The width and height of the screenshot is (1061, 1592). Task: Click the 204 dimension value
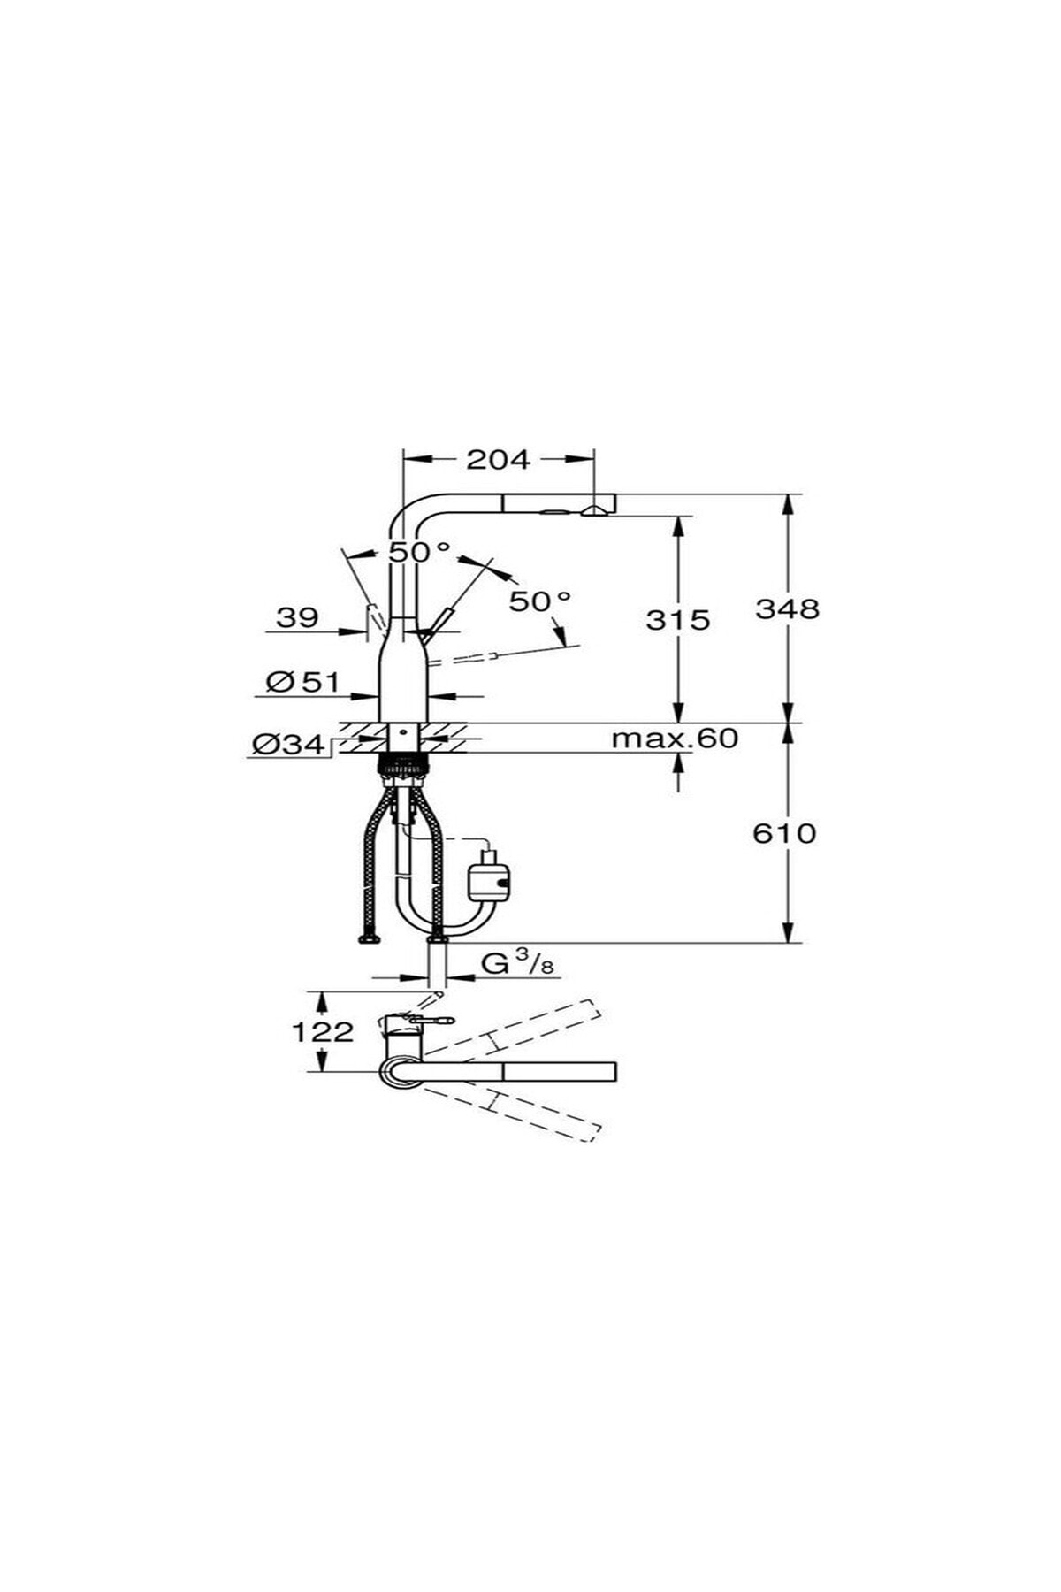(x=498, y=459)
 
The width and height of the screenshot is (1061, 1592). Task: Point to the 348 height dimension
(x=787, y=608)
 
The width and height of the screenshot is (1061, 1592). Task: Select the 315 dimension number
(x=678, y=619)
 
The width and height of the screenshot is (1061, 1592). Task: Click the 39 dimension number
(x=297, y=616)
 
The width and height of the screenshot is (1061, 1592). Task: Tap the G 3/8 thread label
(x=518, y=963)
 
